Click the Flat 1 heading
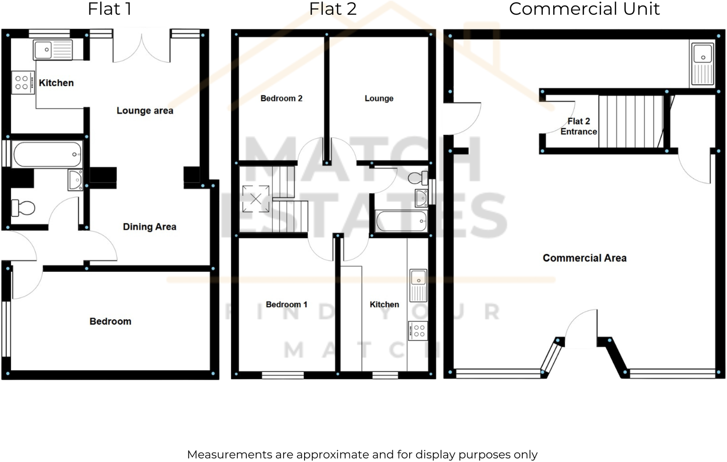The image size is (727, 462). (x=109, y=9)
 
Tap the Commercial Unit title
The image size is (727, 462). (x=584, y=9)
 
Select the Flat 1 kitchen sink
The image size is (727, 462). (x=53, y=49)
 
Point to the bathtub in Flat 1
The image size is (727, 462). (x=47, y=154)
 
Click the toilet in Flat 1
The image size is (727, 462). (x=24, y=208)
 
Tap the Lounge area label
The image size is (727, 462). (x=145, y=111)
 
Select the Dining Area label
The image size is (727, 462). (x=149, y=227)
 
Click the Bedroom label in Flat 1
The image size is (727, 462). (x=110, y=321)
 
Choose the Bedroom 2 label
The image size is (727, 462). (x=281, y=99)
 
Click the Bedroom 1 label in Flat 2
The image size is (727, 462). (x=286, y=305)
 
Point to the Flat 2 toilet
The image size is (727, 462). (x=418, y=178)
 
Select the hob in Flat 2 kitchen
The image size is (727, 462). (x=418, y=331)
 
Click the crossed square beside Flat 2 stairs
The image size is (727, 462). (x=256, y=198)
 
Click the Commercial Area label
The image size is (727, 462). (x=584, y=258)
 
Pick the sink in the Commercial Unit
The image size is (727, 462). (x=702, y=64)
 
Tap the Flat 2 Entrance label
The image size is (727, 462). (x=579, y=126)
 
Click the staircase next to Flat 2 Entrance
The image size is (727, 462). (x=630, y=122)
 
